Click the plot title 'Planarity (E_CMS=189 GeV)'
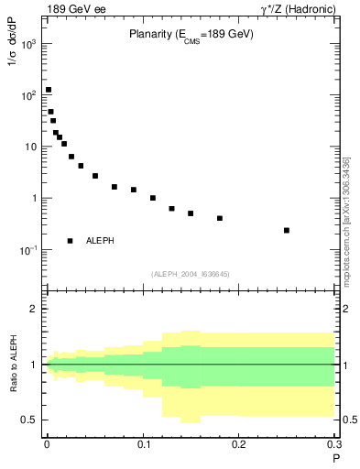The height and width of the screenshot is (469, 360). (x=191, y=35)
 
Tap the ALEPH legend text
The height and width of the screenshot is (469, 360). (x=100, y=241)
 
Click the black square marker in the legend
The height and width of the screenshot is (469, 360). (x=71, y=241)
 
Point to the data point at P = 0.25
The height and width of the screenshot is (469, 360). (x=287, y=230)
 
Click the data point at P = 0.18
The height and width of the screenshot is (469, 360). (x=220, y=218)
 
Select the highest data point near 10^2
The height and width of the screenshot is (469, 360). (x=49, y=90)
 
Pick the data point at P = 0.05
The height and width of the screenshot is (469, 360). (x=95, y=176)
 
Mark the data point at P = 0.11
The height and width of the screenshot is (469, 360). (x=153, y=198)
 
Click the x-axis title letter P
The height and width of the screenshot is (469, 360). (x=335, y=459)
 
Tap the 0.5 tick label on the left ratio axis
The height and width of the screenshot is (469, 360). (x=30, y=420)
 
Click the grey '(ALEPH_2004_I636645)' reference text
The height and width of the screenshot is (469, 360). (x=191, y=274)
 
